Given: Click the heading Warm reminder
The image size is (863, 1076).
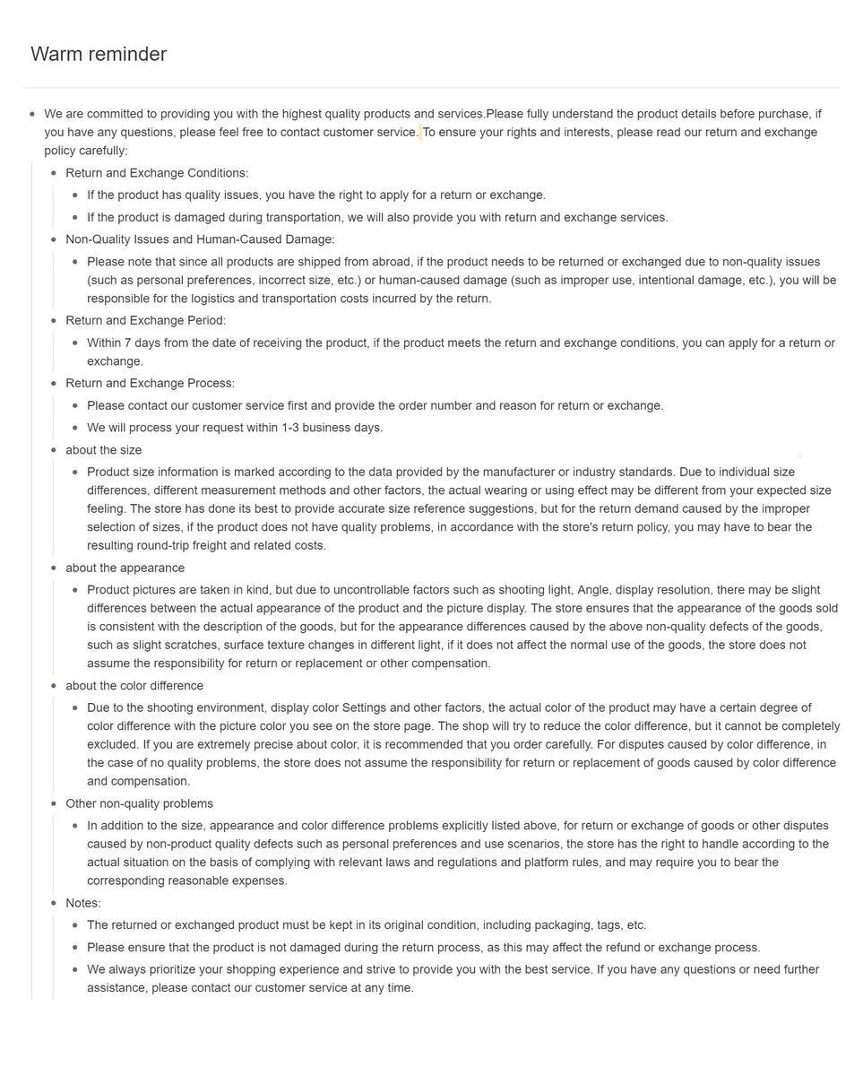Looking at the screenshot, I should coord(99,55).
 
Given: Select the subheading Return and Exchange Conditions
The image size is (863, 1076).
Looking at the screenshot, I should coord(157,173).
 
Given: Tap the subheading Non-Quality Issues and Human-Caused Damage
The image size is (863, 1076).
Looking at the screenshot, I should coord(200,239).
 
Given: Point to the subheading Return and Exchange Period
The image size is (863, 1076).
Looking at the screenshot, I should coord(145,320).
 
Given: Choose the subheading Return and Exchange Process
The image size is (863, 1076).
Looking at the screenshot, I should coord(150,384).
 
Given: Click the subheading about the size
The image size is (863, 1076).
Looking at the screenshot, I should coord(103,450).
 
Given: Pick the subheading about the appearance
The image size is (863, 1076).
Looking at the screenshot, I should coord(125,568).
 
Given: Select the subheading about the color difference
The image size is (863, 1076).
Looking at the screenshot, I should coord(134,686).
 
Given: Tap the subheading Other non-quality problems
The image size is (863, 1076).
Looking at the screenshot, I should coord(139,803).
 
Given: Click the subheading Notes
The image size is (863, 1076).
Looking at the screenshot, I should coord(82,903).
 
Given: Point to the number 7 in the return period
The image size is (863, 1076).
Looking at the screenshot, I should coord(128,343).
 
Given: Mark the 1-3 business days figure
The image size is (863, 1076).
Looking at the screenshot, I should coord(290,428).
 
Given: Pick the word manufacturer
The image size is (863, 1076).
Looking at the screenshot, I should coord(518,472).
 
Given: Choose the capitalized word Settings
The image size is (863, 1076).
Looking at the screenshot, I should coord(364,707).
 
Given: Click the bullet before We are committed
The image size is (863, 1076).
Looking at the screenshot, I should coord(32,115).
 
